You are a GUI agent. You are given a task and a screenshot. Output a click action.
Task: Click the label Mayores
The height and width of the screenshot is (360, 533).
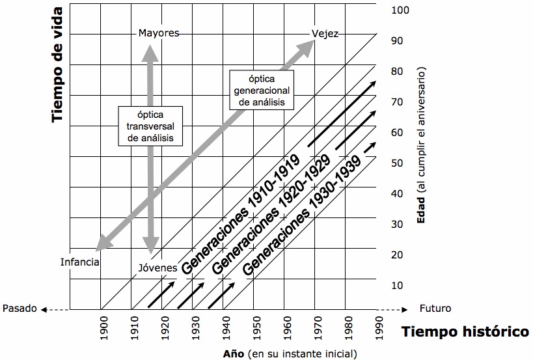pos(159,33)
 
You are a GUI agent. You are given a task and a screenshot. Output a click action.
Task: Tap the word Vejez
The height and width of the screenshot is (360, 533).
pos(325,34)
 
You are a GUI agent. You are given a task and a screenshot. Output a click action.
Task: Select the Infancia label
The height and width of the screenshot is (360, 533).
pos(79,262)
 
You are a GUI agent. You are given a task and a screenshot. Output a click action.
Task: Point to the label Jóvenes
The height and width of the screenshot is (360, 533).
pos(157,268)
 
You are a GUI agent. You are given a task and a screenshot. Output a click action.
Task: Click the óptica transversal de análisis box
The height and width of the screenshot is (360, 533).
pos(150,126)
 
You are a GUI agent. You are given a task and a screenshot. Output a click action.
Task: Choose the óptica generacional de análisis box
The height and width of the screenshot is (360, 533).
pos(262,90)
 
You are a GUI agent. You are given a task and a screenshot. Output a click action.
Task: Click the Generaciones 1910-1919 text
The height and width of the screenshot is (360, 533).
pos(240,215)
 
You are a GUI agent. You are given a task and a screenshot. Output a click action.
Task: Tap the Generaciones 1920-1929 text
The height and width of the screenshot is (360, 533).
pos(271,215)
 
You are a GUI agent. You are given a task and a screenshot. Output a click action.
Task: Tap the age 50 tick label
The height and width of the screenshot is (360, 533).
pos(398,163)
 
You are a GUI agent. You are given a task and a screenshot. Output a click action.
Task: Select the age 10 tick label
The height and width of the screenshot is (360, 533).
pos(398,285)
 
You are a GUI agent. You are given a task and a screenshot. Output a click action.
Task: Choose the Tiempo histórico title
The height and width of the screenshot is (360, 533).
pos(465,331)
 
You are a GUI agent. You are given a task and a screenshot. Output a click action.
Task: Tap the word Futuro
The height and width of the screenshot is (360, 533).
pos(435,309)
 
